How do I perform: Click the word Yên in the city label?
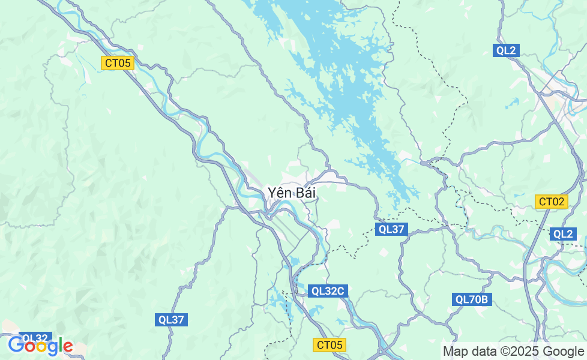click(x=278, y=193)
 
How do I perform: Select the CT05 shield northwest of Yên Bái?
click(x=117, y=63)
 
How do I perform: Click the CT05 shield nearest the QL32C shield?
click(x=330, y=344)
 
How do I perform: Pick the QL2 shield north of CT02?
click(x=507, y=50)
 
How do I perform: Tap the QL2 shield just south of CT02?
click(x=563, y=234)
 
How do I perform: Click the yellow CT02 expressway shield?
click(x=551, y=202)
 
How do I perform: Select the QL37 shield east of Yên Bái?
click(x=393, y=229)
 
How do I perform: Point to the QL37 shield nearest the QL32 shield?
click(x=172, y=320)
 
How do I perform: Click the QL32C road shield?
click(x=328, y=291)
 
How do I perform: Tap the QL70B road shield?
click(x=472, y=299)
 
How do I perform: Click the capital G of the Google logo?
click(x=16, y=346)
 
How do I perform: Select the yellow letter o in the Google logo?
click(x=40, y=347)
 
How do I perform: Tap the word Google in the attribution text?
click(x=563, y=351)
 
